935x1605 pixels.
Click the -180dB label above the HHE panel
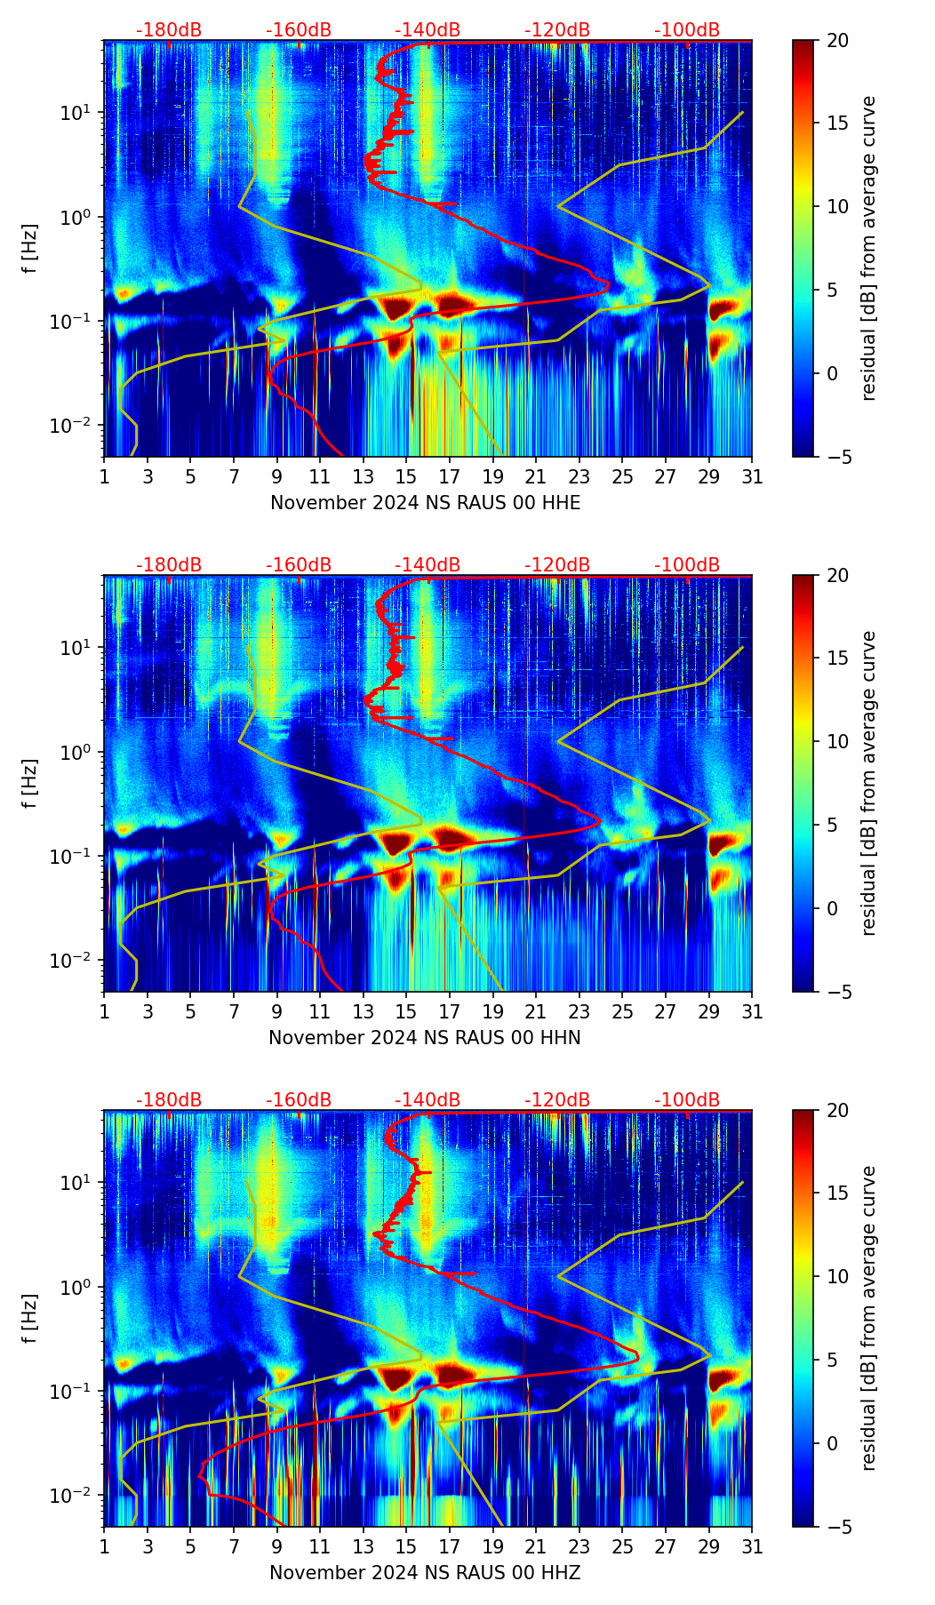click(x=169, y=30)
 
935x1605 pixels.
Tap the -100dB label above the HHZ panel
click(x=687, y=1100)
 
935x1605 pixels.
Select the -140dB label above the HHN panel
click(x=428, y=565)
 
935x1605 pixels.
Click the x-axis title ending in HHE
click(x=425, y=503)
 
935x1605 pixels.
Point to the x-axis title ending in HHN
click(x=425, y=1038)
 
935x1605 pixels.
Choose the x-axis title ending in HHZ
click(x=425, y=1573)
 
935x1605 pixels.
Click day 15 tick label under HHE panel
click(x=406, y=477)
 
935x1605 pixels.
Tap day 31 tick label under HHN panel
click(x=752, y=1012)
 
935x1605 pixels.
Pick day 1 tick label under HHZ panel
click(x=104, y=1547)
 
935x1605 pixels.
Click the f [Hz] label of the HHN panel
click(x=30, y=783)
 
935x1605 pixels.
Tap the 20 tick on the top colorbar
click(x=837, y=41)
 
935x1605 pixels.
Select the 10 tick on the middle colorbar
click(x=837, y=741)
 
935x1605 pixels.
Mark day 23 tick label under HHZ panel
click(x=579, y=1547)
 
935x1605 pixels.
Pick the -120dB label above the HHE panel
click(x=557, y=30)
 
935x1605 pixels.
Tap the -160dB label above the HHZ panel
click(x=299, y=1100)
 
